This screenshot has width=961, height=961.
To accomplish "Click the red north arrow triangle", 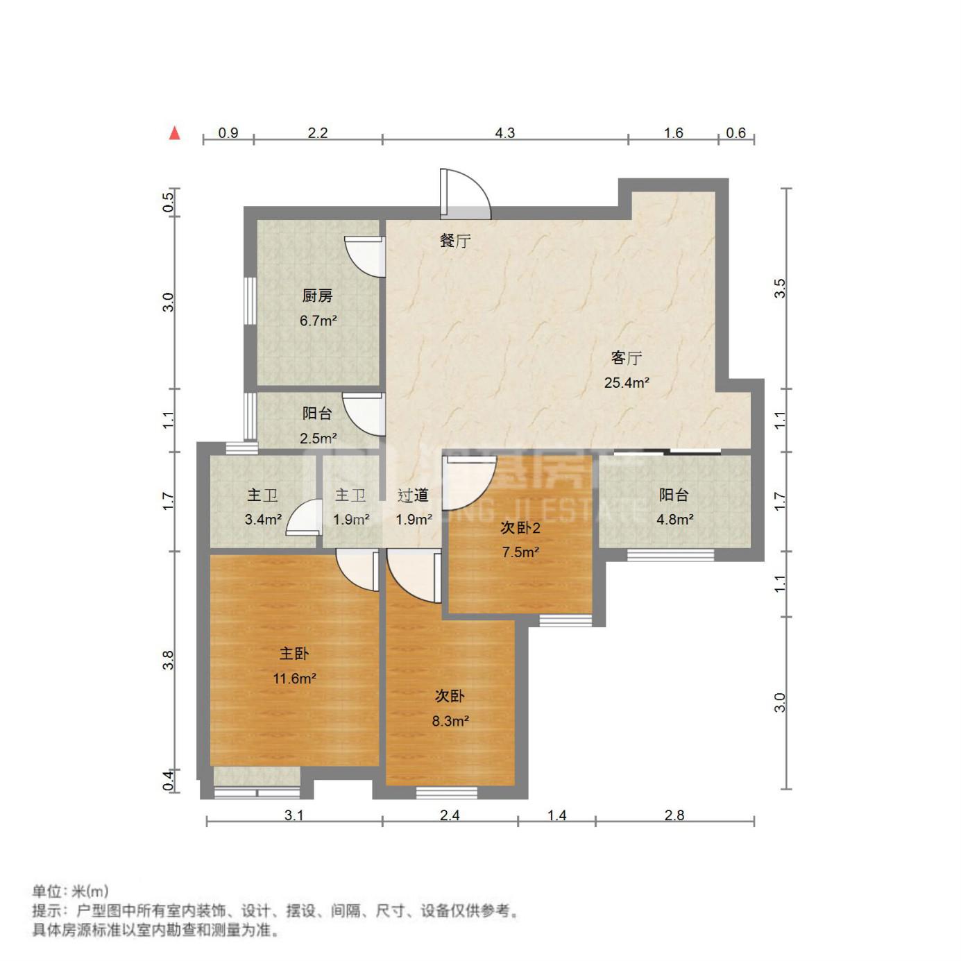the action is click(174, 133).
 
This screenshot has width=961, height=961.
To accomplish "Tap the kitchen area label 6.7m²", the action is click(318, 320).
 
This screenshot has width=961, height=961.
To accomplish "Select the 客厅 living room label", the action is click(627, 357).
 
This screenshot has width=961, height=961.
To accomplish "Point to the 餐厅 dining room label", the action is click(454, 241).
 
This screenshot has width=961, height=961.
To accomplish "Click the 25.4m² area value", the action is click(627, 382).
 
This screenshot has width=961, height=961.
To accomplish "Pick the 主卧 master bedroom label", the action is click(294, 653).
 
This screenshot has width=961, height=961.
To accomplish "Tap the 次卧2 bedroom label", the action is click(520, 527).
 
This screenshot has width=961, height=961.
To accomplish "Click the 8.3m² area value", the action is click(450, 721).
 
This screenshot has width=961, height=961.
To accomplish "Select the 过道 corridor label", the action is click(413, 495).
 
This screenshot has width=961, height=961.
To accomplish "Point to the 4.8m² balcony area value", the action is click(674, 519).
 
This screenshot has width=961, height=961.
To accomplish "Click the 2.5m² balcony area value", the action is click(318, 438).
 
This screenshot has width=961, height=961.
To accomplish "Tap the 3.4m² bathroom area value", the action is click(263, 519).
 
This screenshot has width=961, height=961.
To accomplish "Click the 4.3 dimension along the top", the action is click(504, 133).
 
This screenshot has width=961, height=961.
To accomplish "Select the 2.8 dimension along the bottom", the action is click(674, 815).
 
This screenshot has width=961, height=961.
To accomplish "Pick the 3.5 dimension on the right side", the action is click(780, 288).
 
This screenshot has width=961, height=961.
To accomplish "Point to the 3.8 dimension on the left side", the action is click(169, 661).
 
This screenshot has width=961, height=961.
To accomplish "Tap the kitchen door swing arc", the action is click(364, 256).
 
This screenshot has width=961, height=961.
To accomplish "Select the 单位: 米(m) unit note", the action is click(70, 891).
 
